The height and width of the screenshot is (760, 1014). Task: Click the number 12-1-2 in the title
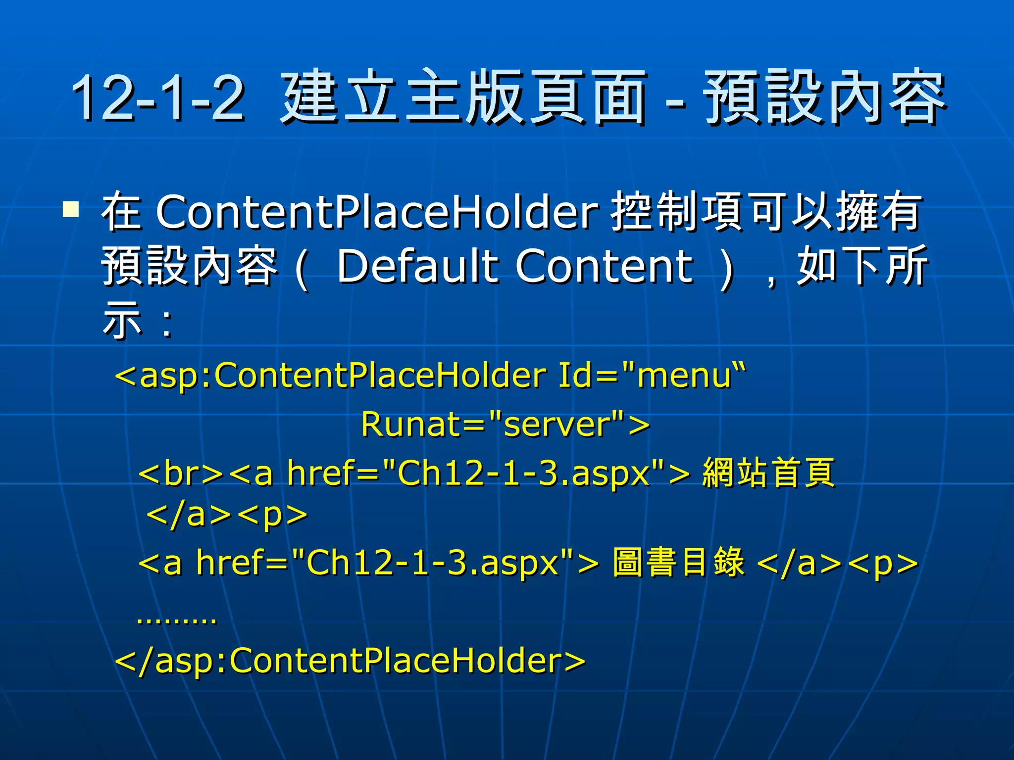click(157, 97)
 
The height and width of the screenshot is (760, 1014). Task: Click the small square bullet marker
click(71, 209)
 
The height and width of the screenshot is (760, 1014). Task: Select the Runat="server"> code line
click(505, 425)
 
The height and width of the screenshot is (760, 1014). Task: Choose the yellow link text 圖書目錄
click(678, 563)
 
